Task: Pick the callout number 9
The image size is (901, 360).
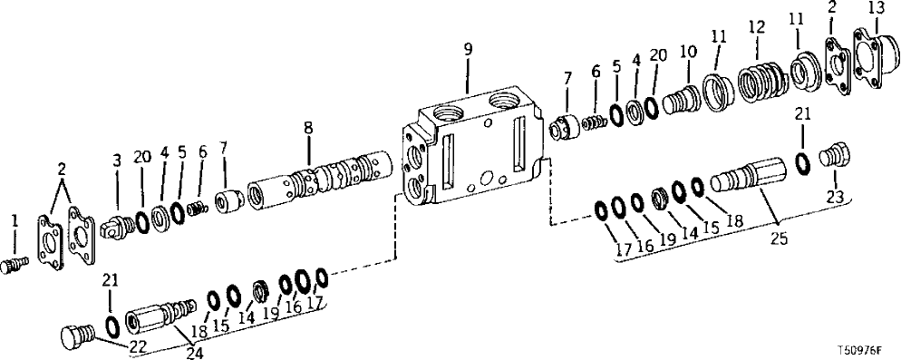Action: (x=468, y=50)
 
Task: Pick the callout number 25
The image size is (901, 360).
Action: (x=777, y=239)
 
